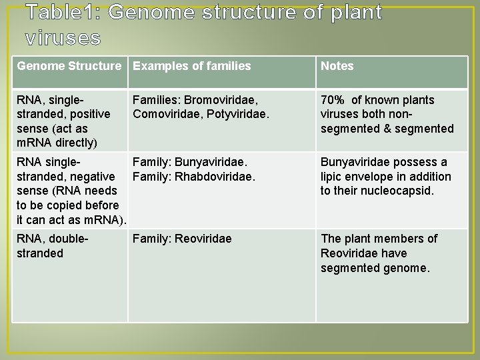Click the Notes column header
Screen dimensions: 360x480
(337, 66)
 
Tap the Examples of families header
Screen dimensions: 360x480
(192, 66)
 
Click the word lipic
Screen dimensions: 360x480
(333, 177)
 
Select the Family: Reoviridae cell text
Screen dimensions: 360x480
(182, 239)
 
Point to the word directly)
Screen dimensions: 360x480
(73, 143)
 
